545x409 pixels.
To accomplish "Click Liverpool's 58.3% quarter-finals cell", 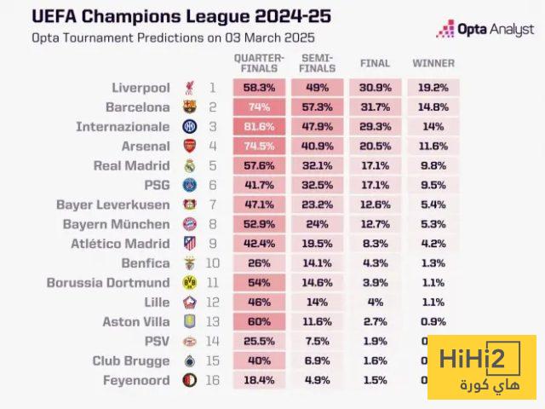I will pos(260,88).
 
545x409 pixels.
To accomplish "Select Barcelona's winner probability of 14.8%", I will pos(433,107).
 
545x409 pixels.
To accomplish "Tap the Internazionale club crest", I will pos(189,127).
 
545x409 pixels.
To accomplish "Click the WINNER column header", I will pos(433,63).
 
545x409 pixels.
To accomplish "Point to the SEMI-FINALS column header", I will pos(318,62).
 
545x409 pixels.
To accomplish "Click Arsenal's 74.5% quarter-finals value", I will pos(260,147).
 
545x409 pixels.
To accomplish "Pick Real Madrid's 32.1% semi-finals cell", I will pos(318,166).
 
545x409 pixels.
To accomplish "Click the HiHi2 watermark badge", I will pos(481,367).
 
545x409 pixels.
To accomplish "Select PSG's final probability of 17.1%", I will pos(376,185).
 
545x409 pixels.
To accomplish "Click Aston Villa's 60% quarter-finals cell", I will pos(260,322).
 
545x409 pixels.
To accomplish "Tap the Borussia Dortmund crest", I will pos(189,283).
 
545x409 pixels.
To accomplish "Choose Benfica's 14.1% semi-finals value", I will pos(318,263).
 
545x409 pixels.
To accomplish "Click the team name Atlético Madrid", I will pos(116,244).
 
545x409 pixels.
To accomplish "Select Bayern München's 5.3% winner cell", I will pos(433,224).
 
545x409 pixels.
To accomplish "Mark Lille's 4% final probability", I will pos(376,302).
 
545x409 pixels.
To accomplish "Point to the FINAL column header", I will pos(376,63).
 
